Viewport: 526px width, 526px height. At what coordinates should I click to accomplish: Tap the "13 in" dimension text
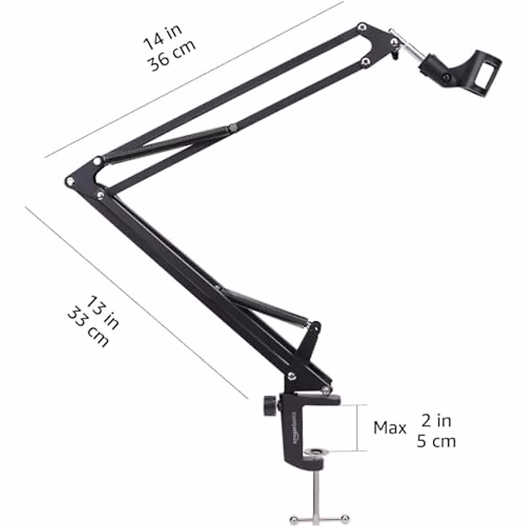[102, 313]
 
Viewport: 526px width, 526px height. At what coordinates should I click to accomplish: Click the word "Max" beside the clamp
[390, 428]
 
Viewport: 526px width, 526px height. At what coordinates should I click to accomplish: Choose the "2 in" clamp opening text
[436, 421]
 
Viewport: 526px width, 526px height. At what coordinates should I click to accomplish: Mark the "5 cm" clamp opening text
[436, 441]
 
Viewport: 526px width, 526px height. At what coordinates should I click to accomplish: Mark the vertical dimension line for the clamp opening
[359, 427]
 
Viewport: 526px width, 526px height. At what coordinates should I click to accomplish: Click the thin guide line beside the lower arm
[136, 302]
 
